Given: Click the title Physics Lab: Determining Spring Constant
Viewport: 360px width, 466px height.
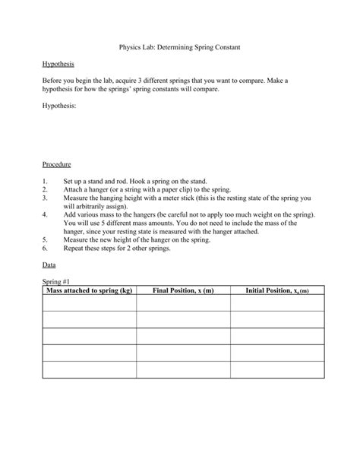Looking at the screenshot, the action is coord(180,46).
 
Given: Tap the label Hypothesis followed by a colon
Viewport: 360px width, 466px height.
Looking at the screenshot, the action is coord(59,108).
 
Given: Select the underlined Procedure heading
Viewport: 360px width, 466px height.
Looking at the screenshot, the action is coord(57,163).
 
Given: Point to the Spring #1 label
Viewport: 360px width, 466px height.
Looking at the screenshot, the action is coord(57,281).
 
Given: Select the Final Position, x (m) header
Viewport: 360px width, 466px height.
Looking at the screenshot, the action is coord(183,290).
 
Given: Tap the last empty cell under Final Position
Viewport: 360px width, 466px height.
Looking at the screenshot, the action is coord(183,369).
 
